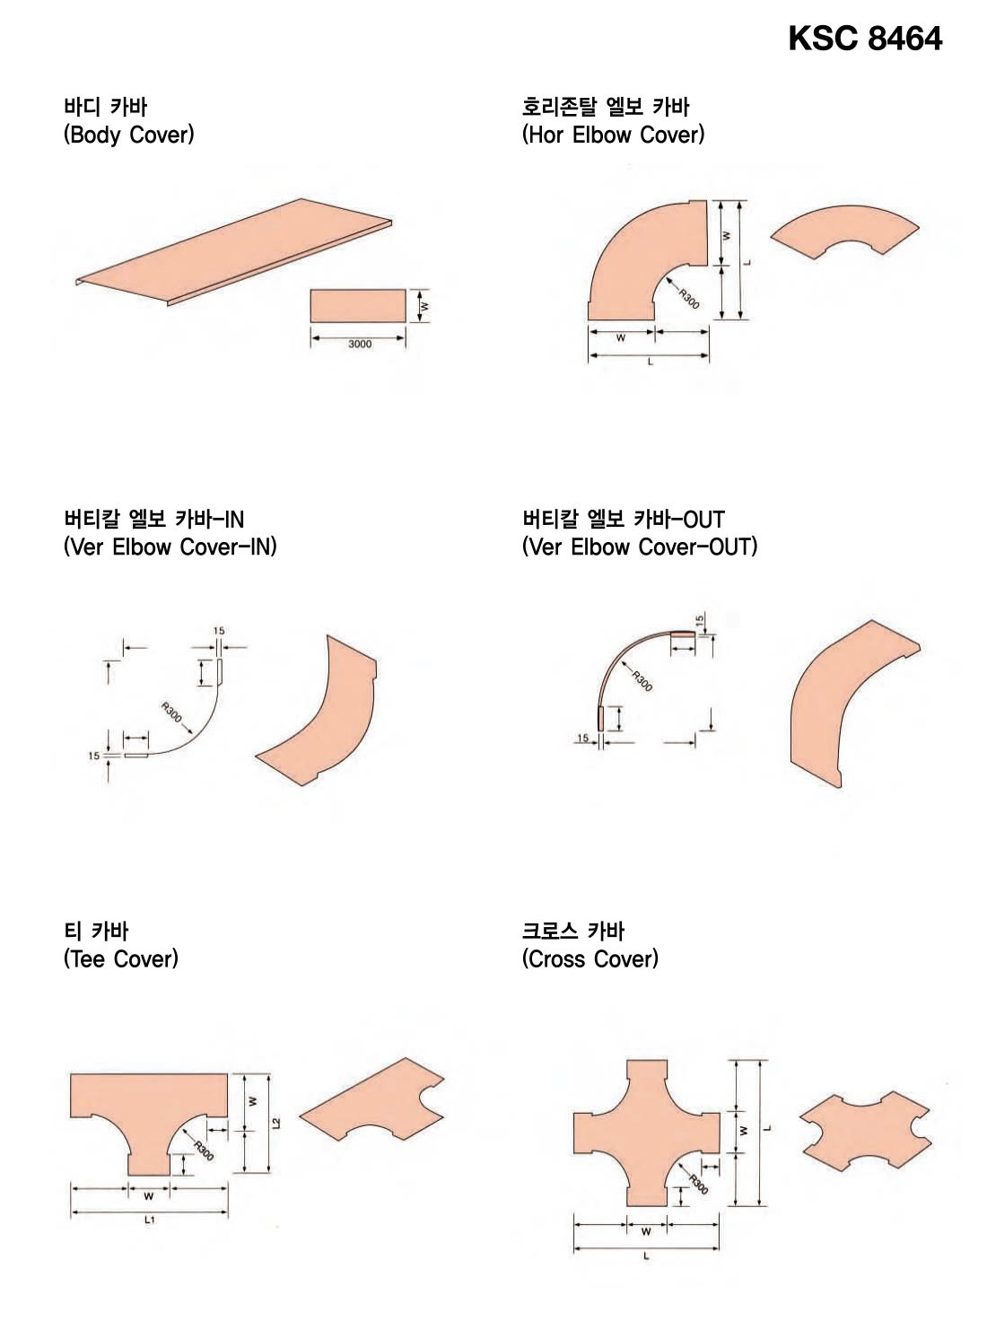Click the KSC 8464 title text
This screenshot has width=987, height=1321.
(x=864, y=39)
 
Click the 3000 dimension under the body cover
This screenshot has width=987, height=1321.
(x=360, y=345)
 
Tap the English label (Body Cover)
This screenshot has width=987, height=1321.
(x=128, y=135)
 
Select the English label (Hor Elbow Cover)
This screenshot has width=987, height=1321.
(x=613, y=135)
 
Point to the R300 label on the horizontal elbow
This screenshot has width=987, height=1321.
(x=689, y=299)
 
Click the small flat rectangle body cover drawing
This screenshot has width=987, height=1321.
(x=358, y=306)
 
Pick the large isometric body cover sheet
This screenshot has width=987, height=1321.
(x=233, y=251)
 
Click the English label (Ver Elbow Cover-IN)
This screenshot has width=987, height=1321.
(x=170, y=547)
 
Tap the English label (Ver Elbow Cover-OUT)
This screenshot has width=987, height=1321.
(x=640, y=547)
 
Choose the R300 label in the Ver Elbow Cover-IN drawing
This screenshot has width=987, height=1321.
(x=171, y=712)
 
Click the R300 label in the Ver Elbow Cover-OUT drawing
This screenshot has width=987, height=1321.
(x=642, y=680)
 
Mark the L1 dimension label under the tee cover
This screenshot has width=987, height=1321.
(x=150, y=1220)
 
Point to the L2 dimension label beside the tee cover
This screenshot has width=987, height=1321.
(x=276, y=1123)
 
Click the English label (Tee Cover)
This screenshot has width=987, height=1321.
(x=121, y=958)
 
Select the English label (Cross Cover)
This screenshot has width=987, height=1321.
(x=590, y=958)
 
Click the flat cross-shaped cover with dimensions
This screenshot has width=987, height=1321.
(x=647, y=1133)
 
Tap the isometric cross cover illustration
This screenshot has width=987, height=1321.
(x=866, y=1132)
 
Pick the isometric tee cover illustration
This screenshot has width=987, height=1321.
(x=371, y=1099)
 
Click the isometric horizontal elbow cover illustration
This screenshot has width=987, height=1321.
(x=844, y=232)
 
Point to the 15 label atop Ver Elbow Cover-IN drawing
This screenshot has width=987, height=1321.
(x=218, y=631)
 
